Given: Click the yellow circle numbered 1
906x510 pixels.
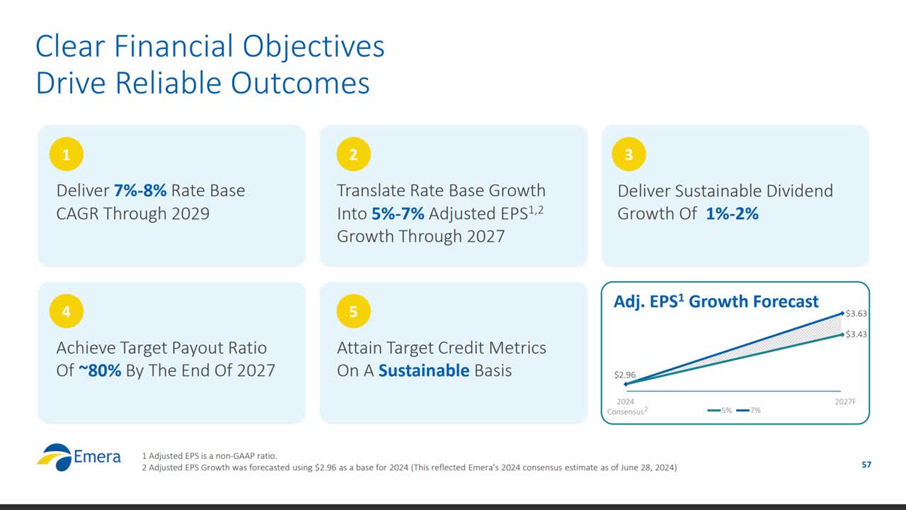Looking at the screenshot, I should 67,154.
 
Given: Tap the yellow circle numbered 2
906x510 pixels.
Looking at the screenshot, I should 353,154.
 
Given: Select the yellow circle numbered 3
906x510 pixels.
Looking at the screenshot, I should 629,154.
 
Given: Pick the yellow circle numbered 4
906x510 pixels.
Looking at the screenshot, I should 67,312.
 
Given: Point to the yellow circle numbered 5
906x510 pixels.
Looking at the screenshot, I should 353,312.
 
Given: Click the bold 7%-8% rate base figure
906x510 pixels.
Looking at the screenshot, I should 140,191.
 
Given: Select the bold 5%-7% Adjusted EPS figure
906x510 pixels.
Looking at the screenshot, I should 398,213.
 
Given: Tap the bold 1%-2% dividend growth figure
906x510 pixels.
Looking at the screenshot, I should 732,213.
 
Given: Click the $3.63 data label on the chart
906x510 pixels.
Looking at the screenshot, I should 856,313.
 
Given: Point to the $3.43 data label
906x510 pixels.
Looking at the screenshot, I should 856,334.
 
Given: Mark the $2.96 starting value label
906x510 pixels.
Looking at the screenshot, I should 624,374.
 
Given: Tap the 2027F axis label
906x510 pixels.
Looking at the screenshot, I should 845,402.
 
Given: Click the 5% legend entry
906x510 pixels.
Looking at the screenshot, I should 721,410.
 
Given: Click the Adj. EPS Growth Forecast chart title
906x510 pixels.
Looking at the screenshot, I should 716,302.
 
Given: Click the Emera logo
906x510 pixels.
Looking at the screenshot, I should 79,458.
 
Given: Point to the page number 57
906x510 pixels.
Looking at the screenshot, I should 866,465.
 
